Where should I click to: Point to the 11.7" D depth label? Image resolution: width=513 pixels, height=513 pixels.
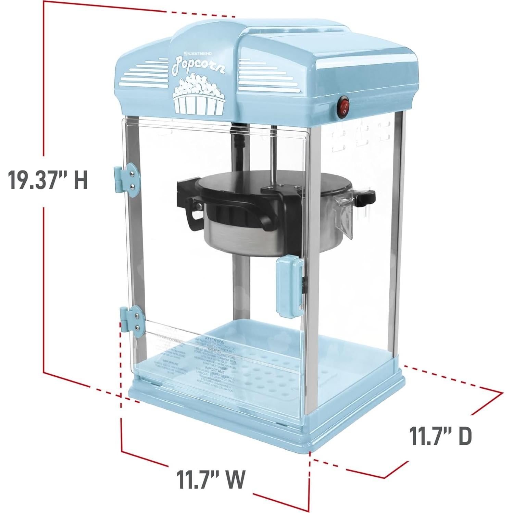point(441,435)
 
